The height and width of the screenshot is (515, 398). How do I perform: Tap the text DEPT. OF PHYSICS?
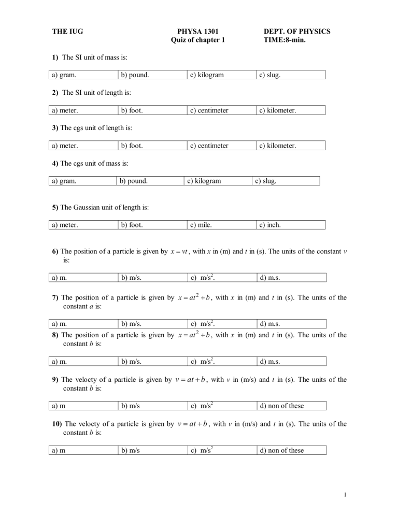pos(296,32)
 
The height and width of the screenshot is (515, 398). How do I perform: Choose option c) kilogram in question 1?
pos(207,75)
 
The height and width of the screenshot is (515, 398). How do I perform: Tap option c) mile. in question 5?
pos(201,225)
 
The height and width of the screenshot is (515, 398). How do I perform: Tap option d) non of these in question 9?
pos(281,406)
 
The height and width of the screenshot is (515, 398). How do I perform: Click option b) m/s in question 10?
pos(130,450)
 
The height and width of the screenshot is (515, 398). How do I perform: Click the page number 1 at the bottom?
pos(345,495)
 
